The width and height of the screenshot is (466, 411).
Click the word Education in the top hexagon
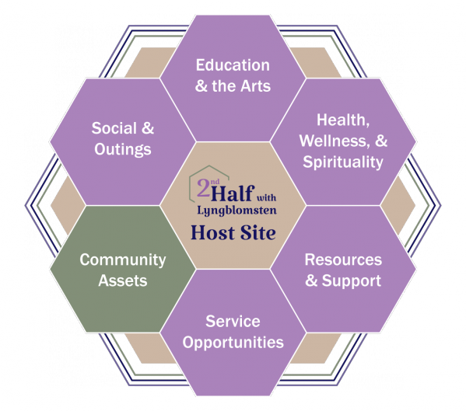233,65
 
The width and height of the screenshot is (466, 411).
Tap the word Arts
256,86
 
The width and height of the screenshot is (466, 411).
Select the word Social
114,128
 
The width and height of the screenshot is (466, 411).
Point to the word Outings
123,150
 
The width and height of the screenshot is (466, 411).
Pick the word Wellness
335,141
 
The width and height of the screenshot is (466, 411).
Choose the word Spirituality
343,162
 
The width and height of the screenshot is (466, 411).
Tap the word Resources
343,259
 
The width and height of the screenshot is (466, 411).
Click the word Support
352,281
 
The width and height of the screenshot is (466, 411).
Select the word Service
233,322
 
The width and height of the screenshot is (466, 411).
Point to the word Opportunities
233,343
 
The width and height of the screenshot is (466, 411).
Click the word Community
123,260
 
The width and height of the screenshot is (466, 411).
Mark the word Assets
123,280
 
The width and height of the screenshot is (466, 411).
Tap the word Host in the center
212,232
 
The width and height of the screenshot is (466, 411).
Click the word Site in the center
258,232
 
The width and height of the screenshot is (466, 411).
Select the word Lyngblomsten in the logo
237,211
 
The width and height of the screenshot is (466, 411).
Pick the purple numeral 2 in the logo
203,188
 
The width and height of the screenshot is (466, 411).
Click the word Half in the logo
233,193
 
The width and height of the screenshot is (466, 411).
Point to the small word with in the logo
266,197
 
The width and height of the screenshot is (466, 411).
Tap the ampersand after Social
147,128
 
